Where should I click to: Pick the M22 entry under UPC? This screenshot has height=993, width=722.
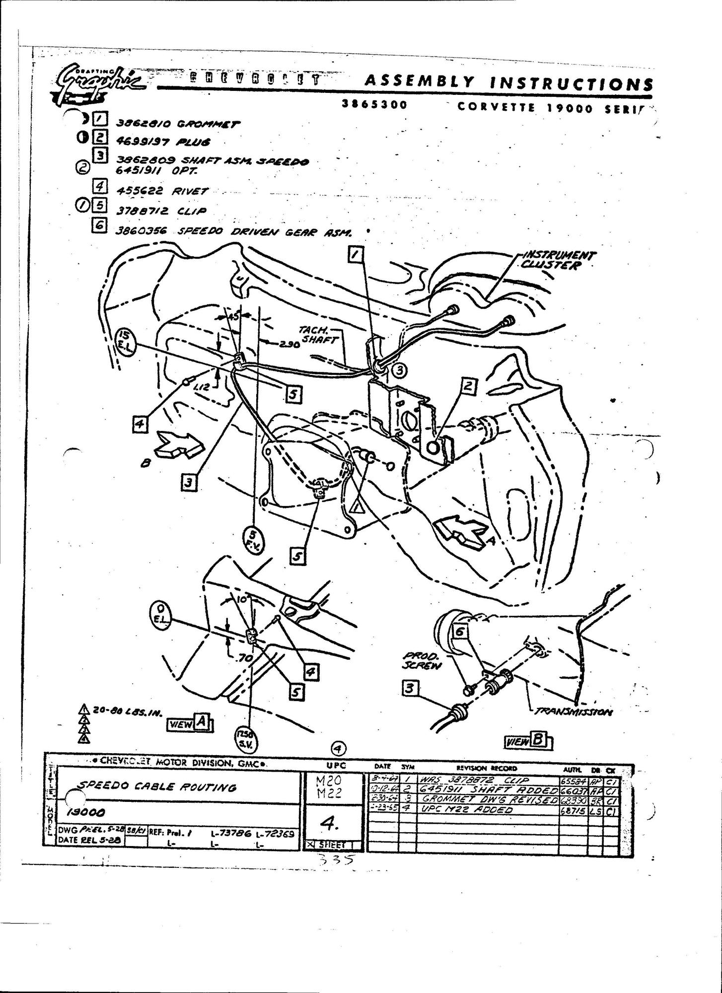pyautogui.click(x=328, y=793)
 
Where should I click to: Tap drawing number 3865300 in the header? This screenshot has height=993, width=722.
pyautogui.click(x=375, y=104)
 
